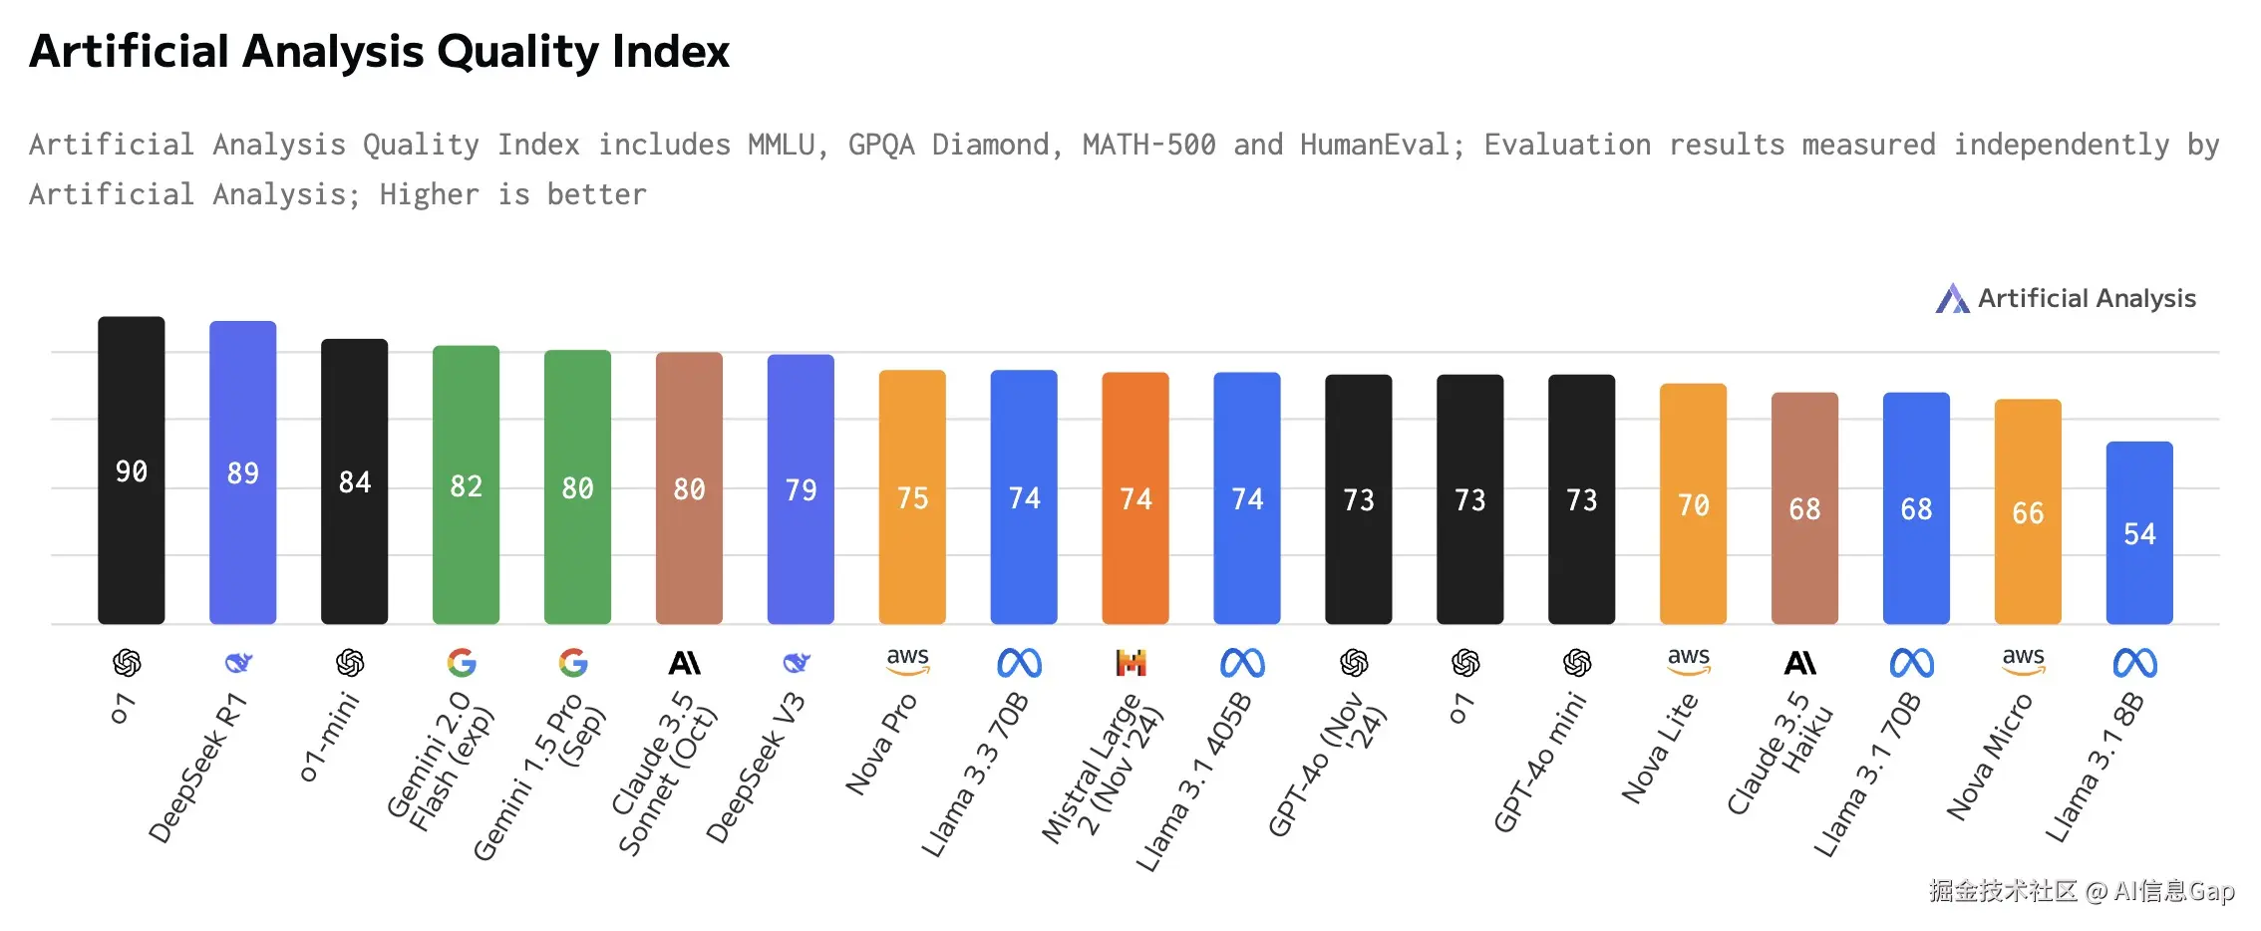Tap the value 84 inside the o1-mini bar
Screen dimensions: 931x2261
(354, 482)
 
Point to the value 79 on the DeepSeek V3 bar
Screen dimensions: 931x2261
(801, 490)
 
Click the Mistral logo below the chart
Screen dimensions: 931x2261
(1131, 663)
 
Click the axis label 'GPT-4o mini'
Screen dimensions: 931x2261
(1539, 764)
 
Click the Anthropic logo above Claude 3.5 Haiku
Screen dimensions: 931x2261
(1800, 663)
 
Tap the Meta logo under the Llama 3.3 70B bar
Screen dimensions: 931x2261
(1020, 663)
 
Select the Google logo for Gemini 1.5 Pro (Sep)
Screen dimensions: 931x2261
(573, 663)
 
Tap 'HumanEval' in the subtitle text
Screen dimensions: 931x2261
(1375, 146)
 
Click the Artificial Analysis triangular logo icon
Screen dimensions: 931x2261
(1952, 298)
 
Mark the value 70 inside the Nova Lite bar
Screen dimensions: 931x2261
(1693, 505)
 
